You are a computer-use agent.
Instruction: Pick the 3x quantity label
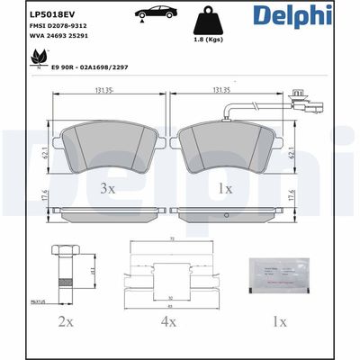(x=107, y=188)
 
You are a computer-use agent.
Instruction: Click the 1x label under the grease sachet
(x=280, y=320)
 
